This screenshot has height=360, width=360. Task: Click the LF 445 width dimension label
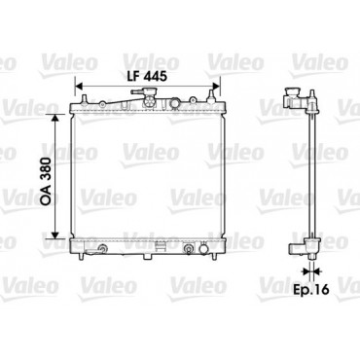147,76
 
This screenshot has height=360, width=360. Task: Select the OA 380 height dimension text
46,181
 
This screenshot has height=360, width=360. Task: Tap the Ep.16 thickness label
311,289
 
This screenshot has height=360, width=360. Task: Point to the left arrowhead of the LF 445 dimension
79,87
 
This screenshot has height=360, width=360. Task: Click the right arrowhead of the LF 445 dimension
216,87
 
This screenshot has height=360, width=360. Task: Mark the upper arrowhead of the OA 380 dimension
55,118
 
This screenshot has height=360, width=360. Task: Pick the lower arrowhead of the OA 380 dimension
55,234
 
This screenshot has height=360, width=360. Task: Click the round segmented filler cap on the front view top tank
149,101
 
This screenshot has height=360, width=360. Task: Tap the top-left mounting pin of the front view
84,99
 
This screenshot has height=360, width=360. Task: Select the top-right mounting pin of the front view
211,96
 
